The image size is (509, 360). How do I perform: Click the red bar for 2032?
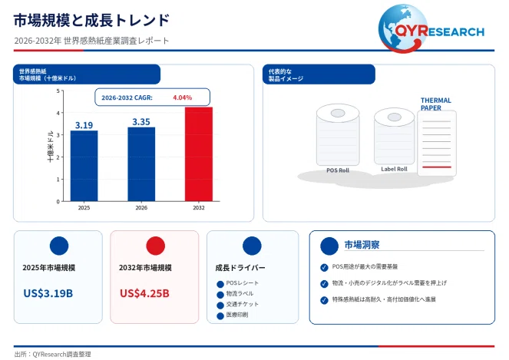(199, 154)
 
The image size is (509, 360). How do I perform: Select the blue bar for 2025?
(84, 166)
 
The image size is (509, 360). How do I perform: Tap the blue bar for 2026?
(141, 164)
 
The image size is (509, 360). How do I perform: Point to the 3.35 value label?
(141, 122)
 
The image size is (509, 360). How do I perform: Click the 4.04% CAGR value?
(183, 97)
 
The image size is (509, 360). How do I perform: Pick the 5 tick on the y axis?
(58, 91)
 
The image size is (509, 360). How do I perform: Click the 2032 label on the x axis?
(199, 208)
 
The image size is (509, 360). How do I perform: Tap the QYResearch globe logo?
(403, 28)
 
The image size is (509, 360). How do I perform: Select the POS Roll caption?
(338, 170)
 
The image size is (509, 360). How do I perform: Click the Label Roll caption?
(394, 169)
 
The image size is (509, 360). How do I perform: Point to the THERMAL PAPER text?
(435, 104)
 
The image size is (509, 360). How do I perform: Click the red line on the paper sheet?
(437, 167)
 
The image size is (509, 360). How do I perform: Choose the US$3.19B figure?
(48, 293)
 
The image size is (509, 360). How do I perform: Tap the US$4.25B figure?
(144, 293)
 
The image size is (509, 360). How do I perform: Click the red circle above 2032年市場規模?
(156, 246)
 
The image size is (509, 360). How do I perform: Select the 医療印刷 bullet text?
(237, 315)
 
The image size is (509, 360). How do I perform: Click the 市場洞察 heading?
(362, 245)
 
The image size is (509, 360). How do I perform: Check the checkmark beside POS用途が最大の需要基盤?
(324, 267)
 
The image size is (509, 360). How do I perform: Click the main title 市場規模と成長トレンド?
(91, 20)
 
